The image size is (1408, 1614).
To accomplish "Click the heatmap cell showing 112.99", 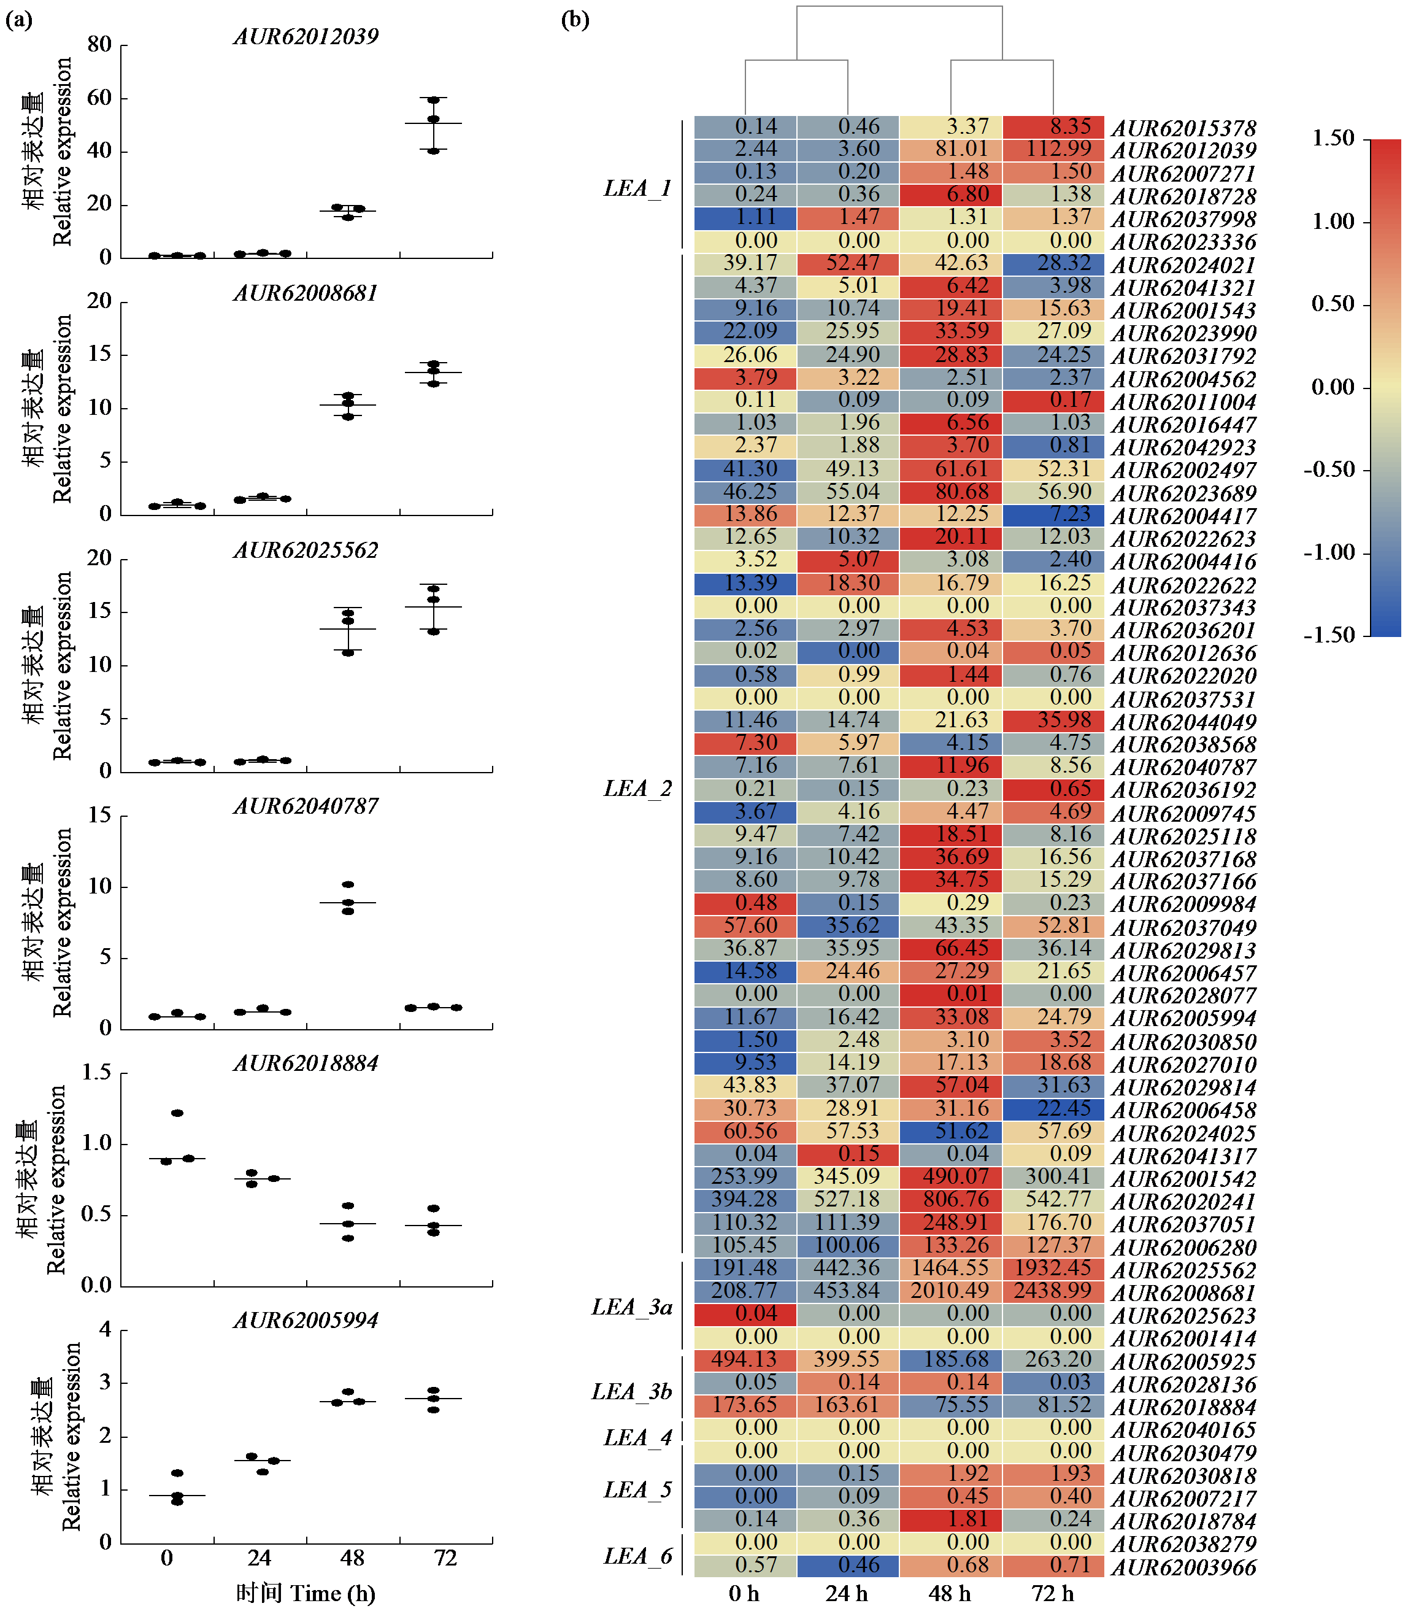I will (x=1053, y=149).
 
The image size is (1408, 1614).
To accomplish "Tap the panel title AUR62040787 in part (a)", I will (x=306, y=806).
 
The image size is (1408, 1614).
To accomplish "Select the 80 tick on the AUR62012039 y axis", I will (x=99, y=45).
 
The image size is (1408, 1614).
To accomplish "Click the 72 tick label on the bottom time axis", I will (x=445, y=1558).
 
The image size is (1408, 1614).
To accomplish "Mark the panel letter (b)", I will (x=575, y=20).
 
